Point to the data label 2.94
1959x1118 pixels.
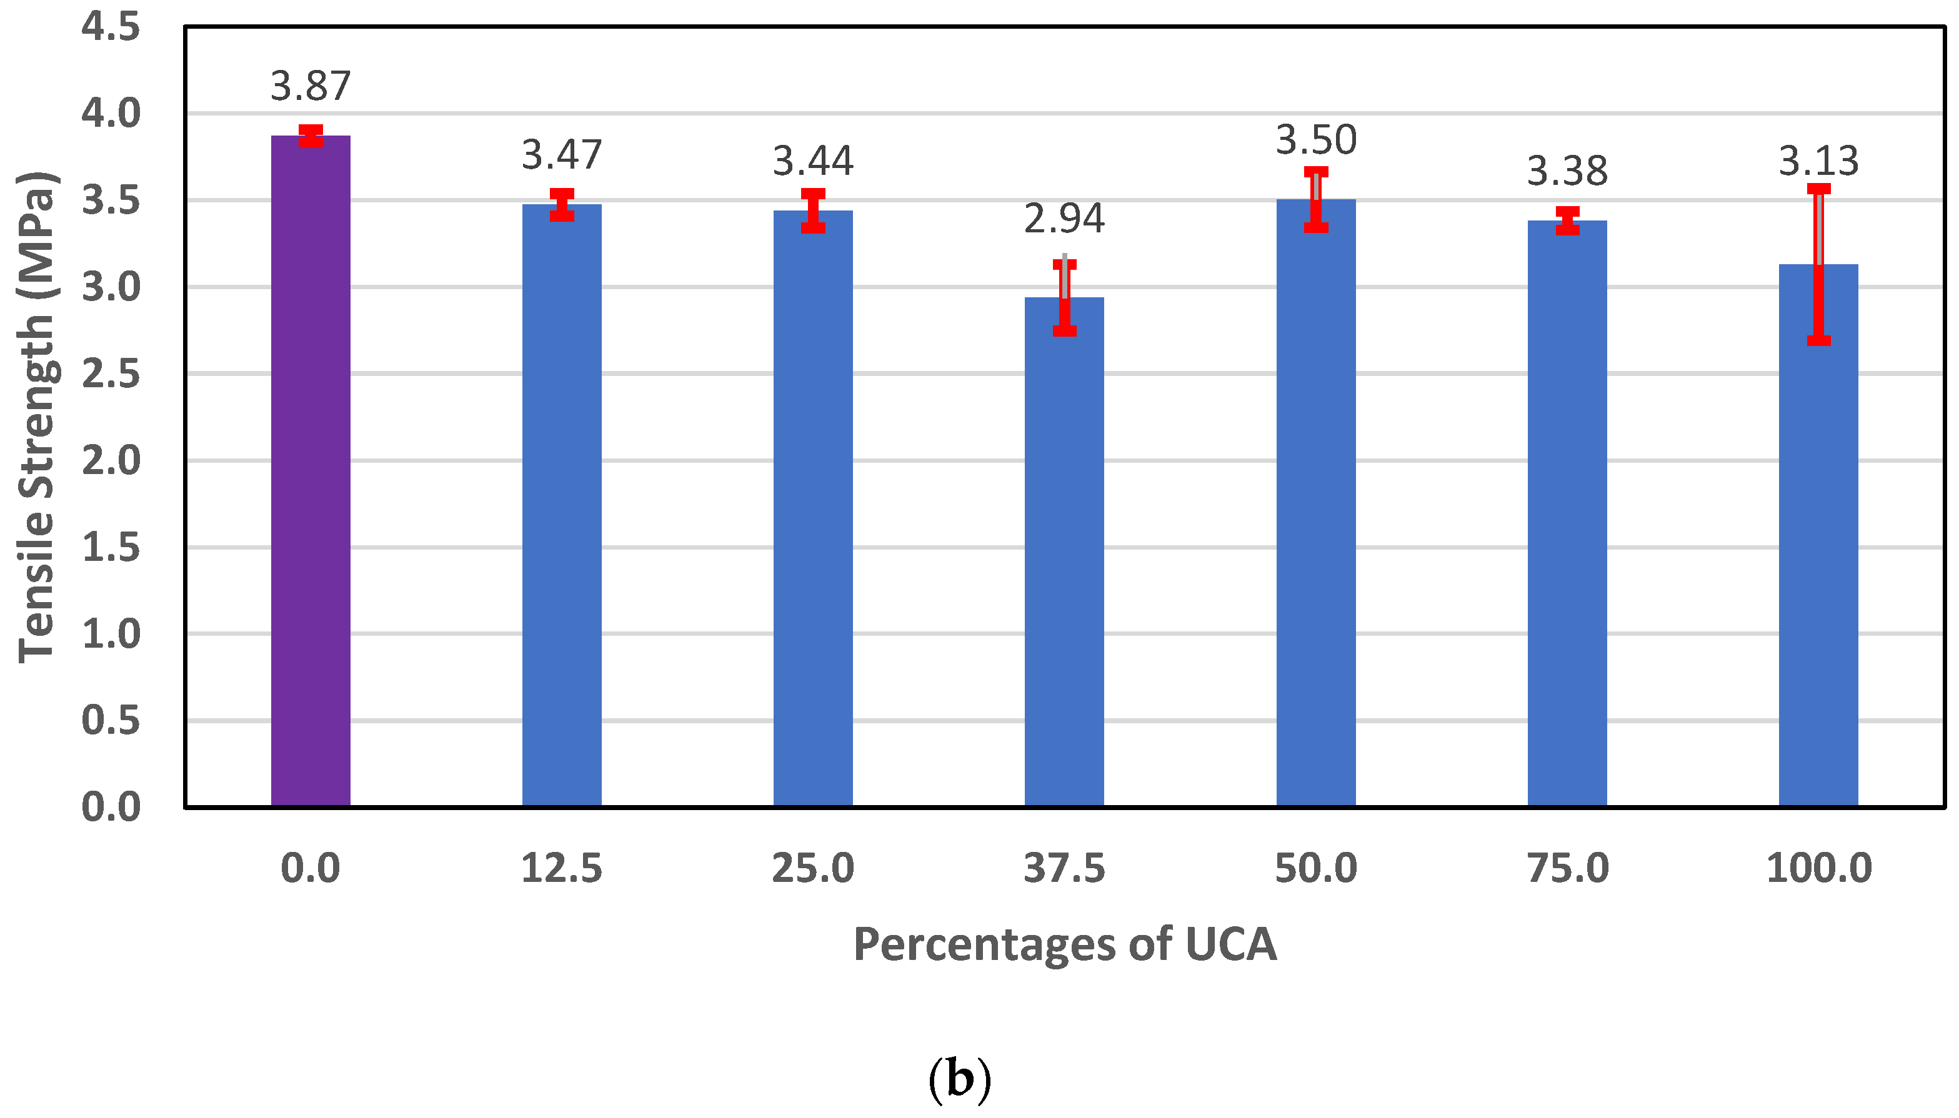[x=1064, y=218]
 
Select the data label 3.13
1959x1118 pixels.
[x=1818, y=161]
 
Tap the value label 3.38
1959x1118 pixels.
[x=1567, y=171]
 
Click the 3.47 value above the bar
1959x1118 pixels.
[x=562, y=154]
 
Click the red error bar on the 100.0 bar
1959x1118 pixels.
[x=1818, y=265]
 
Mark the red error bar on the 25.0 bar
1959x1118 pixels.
[x=813, y=210]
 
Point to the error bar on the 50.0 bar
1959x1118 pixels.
[x=1315, y=200]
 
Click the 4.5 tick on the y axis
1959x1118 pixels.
[x=111, y=27]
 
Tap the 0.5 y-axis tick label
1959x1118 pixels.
[x=111, y=720]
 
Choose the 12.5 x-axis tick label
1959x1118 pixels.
[x=562, y=868]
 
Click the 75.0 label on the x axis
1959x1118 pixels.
[x=1567, y=868]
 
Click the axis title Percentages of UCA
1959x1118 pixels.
[x=1064, y=944]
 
